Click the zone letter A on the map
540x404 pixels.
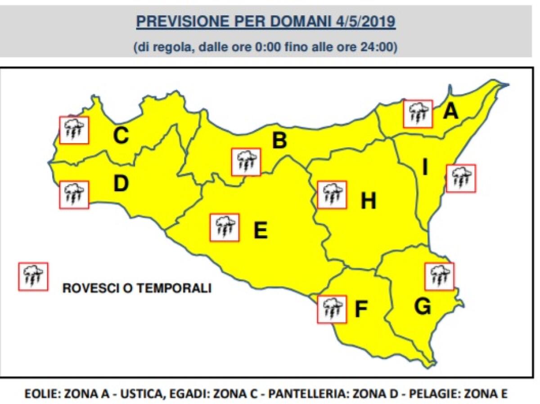[x=450, y=111]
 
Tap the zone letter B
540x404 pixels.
[x=279, y=141]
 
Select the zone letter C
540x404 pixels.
[x=121, y=136]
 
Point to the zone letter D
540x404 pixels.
[x=121, y=184]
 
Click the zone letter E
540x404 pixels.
[x=261, y=231]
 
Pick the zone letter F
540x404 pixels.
[x=361, y=310]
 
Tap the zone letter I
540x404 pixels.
[x=425, y=168]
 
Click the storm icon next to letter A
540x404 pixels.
[x=418, y=114]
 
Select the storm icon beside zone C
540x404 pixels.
[x=74, y=130]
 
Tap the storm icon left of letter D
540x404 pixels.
[x=74, y=195]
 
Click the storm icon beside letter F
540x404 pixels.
[x=332, y=310]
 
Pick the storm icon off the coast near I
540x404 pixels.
[x=461, y=179]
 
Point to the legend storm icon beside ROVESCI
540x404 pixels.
[x=33, y=276]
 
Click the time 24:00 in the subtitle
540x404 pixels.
[x=382, y=47]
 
